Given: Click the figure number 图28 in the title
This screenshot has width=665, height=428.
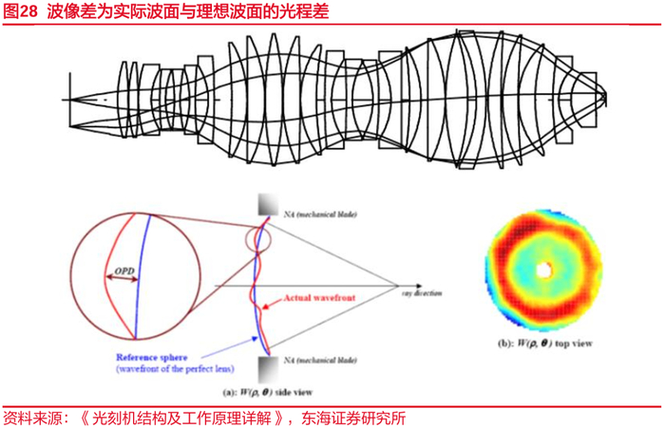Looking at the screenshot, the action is point(21,10).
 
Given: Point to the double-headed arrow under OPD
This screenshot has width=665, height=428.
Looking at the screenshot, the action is point(123,278).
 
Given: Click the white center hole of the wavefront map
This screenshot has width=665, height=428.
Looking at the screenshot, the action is point(542,270).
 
